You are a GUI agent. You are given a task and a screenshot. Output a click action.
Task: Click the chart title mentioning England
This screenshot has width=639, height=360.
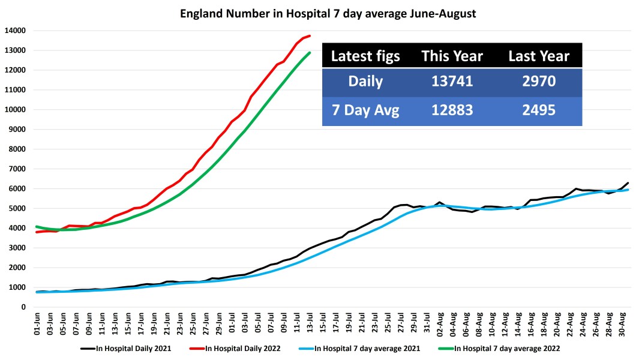pyautogui.click(x=328, y=13)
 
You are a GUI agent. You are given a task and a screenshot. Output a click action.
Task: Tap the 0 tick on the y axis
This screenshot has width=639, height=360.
pyautogui.click(x=23, y=307)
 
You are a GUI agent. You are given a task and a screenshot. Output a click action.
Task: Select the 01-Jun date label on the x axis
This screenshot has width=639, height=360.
pyautogui.click(x=37, y=324)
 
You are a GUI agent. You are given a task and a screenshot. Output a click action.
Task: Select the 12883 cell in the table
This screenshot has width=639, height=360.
pyautogui.click(x=452, y=111)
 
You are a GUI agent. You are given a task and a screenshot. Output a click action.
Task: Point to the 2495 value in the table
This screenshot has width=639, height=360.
pyautogui.click(x=538, y=111)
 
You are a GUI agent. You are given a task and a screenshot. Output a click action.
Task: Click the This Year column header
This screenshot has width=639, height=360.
pyautogui.click(x=452, y=56)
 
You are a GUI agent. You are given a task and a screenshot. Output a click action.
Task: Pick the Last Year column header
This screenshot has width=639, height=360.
pyautogui.click(x=538, y=56)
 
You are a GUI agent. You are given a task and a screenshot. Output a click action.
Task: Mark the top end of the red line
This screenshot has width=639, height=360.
pyautogui.click(x=310, y=36)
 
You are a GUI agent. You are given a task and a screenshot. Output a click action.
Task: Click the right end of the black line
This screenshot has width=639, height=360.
pyautogui.click(x=628, y=183)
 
